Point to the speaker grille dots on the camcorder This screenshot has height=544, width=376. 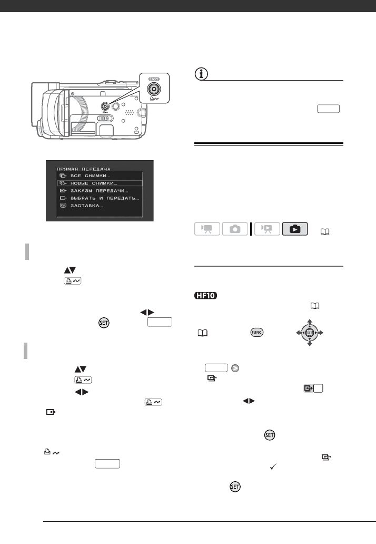coord(128,113)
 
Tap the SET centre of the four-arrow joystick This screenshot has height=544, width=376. coord(310,333)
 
